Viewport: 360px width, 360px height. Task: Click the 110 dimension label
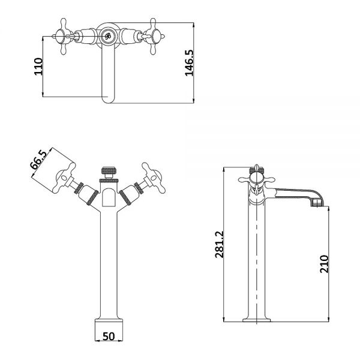click(38, 67)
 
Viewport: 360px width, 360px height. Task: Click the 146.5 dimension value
click(190, 62)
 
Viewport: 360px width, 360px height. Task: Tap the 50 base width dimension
click(109, 337)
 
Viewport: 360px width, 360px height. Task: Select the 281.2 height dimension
click(219, 244)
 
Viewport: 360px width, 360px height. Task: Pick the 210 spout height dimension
click(324, 264)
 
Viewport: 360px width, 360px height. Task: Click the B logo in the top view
click(107, 36)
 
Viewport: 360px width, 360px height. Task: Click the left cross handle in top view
click(64, 37)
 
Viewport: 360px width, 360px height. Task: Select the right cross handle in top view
click(153, 37)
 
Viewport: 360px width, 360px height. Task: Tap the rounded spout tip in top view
click(108, 99)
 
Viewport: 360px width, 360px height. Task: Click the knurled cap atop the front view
click(108, 170)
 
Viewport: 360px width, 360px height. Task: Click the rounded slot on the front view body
click(109, 197)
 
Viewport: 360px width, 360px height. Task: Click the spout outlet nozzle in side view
click(317, 203)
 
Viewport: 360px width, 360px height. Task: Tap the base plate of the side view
click(256, 320)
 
